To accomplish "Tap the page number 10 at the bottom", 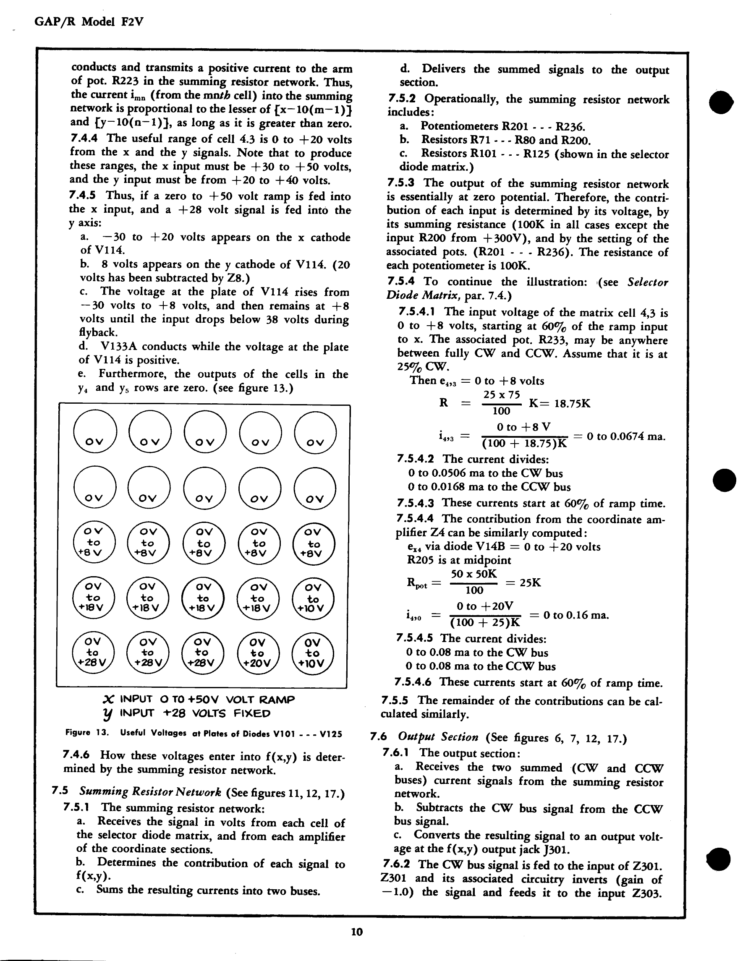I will [x=357, y=932].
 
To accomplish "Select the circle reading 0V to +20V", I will [x=258, y=653].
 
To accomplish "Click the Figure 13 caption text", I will [x=203, y=733].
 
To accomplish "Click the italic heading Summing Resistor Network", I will [x=150, y=792].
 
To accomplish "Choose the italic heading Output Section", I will [x=438, y=736].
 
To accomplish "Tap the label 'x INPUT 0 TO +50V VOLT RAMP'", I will [x=199, y=699].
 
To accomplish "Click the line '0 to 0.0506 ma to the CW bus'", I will [x=485, y=473].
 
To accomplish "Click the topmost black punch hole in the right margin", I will [x=722, y=102].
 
